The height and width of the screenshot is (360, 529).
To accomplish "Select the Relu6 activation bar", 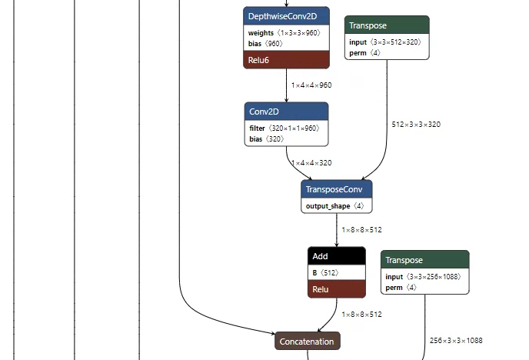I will [286, 59].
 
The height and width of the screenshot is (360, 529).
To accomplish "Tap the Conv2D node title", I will [286, 112].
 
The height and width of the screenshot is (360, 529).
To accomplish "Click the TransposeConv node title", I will [336, 189].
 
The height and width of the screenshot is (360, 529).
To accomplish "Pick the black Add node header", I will [336, 256].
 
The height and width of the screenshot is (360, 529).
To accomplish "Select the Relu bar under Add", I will [336, 289].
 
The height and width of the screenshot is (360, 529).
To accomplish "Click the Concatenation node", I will [307, 341].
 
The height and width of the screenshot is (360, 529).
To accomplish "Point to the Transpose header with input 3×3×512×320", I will [387, 25].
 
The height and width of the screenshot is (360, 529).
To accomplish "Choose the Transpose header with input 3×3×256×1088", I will [424, 260].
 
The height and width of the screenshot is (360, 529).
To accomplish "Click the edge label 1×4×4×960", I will [311, 85].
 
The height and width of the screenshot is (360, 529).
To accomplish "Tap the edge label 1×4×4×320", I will [311, 163].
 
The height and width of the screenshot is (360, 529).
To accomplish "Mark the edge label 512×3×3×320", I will [416, 124].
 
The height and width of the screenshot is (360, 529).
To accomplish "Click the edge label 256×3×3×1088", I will [457, 340].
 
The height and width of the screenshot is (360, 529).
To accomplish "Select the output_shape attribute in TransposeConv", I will [336, 206].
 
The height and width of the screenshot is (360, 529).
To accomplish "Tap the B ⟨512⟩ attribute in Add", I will [326, 272].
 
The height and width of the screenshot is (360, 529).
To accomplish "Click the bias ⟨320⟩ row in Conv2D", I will [266, 139].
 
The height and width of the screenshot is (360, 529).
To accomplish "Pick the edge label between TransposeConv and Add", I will [361, 230].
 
